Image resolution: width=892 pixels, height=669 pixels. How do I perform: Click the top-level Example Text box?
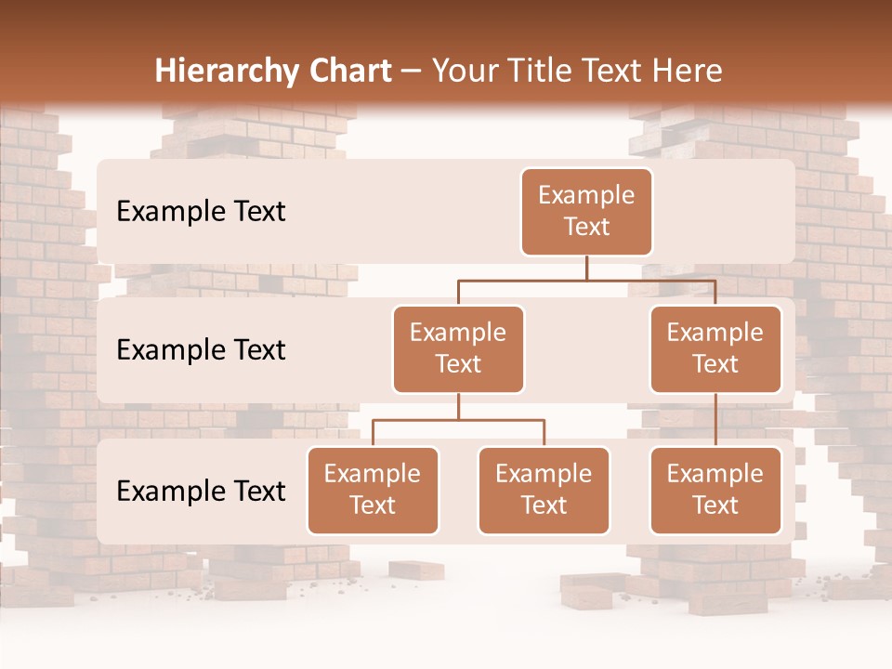point(586,212)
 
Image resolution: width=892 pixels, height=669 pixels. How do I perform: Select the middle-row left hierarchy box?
point(458,349)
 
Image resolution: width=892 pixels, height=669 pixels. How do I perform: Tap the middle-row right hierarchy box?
point(715,349)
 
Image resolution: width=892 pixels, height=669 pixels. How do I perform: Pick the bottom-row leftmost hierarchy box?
point(373,491)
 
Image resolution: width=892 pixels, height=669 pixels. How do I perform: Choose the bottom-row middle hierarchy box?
point(544,491)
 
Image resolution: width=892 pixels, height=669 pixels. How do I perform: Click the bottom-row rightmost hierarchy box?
point(715,491)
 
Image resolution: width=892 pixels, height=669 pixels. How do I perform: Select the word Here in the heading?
point(688,72)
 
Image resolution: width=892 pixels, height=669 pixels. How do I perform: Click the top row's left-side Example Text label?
point(201,212)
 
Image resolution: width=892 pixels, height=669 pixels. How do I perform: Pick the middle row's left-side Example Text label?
point(201,350)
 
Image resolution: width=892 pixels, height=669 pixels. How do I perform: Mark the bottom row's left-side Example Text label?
point(201,491)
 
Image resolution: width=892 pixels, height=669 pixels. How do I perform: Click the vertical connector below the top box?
point(586,268)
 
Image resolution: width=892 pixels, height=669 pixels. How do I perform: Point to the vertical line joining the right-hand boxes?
point(715,420)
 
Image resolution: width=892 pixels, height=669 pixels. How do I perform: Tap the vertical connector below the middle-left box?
point(458,407)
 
